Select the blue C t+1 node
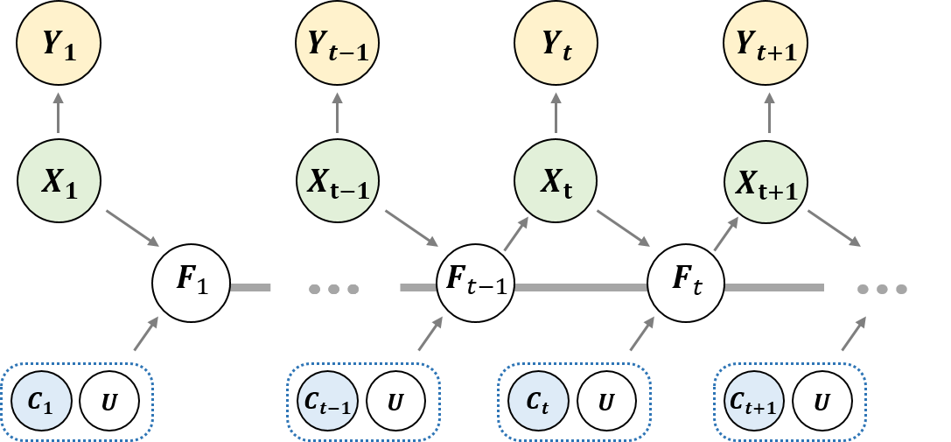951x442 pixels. [752, 402]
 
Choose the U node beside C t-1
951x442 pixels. [395, 402]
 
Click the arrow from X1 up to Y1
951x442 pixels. [59, 115]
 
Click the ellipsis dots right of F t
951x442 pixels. [882, 287]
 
